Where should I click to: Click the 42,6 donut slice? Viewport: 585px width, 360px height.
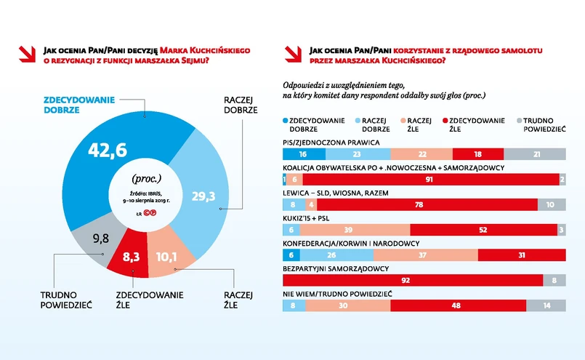(109, 150)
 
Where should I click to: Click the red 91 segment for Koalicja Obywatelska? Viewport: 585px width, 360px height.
(430, 179)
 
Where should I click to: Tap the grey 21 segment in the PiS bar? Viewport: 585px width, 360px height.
(536, 153)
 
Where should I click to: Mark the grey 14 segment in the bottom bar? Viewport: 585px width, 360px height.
(546, 305)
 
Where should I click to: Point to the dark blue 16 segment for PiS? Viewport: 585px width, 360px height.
(302, 153)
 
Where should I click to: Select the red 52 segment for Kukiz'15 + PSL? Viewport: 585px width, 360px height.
(483, 229)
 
